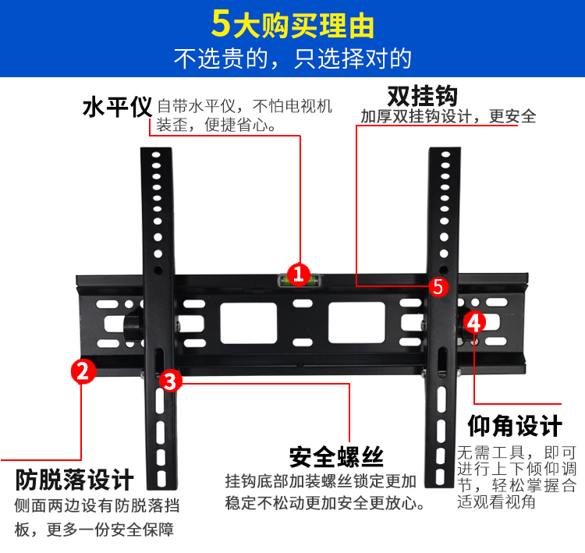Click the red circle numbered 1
tap(298, 275)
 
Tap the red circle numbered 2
tap(83, 371)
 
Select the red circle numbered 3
tap(171, 381)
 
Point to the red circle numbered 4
tap(474, 322)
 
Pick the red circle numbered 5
tap(438, 287)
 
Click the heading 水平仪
tap(118, 108)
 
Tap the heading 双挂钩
tap(423, 96)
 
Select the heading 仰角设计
tap(515, 425)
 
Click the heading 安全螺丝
tap(336, 457)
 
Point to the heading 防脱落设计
tap(75, 480)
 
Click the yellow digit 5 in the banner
tap(221, 24)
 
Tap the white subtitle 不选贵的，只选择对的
tap(292, 58)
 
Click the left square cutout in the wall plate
tap(249, 323)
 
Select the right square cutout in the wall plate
tap(356, 323)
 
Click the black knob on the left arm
tap(132, 328)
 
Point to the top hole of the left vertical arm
tap(156, 154)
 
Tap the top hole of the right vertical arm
tap(445, 154)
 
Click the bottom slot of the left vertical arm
tap(161, 479)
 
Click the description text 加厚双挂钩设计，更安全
tap(448, 116)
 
